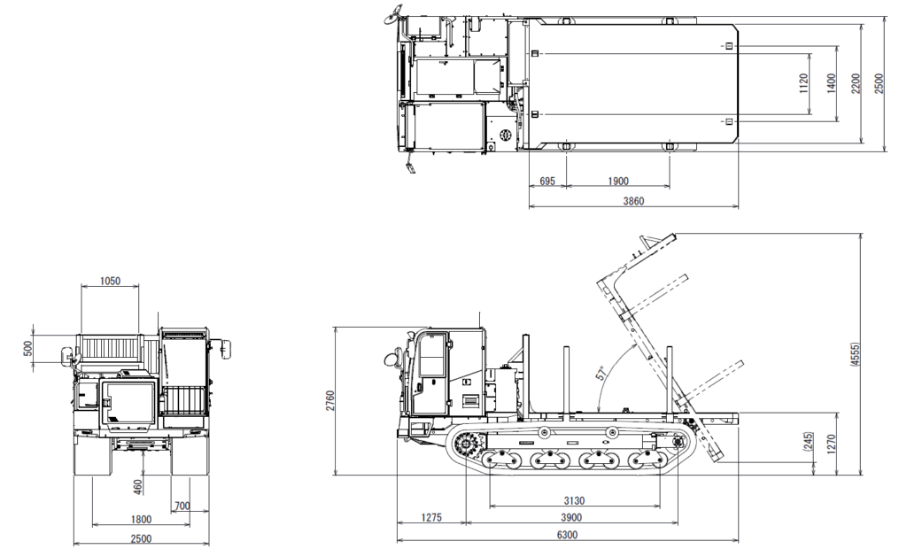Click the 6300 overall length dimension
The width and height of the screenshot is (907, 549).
[x=567, y=535]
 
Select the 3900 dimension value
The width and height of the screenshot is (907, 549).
[x=571, y=518]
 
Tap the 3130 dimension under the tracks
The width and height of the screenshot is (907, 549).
[x=574, y=501]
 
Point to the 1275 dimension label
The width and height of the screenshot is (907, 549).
[x=431, y=518]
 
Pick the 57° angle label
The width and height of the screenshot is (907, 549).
[x=601, y=373]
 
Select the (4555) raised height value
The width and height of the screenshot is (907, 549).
[x=856, y=354]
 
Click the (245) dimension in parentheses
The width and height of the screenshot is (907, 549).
[x=808, y=441]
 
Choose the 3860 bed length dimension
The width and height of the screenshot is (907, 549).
[x=633, y=201]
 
